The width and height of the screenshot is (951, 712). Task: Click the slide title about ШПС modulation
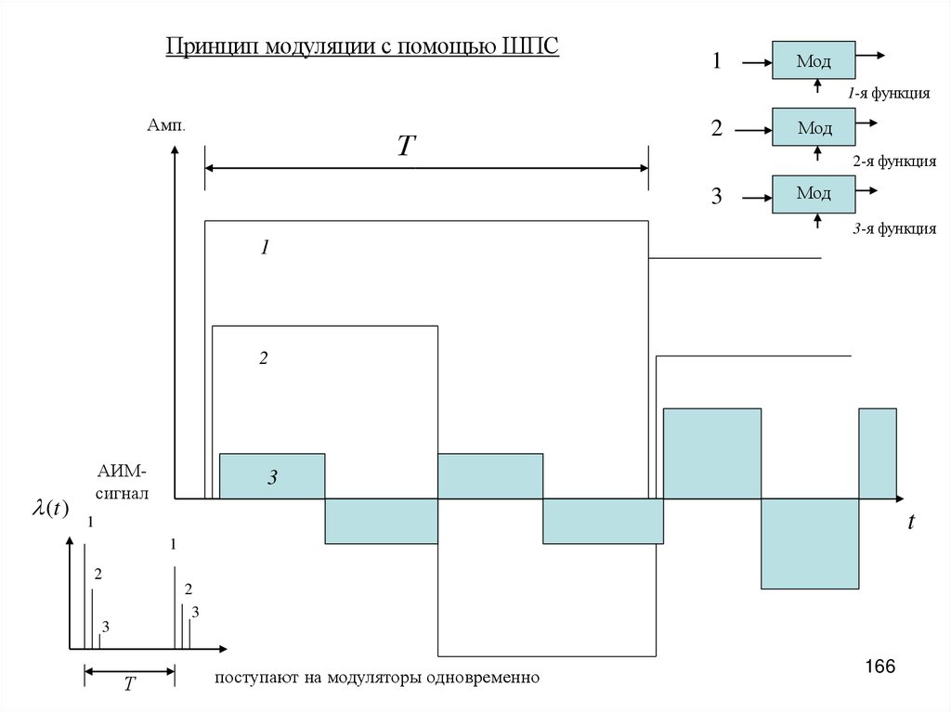[362, 45]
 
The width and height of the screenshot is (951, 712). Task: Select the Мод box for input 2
[813, 127]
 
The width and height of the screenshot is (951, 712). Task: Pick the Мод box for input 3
[813, 193]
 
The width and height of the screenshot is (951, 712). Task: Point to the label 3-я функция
[894, 228]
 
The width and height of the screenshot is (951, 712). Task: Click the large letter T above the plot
[406, 146]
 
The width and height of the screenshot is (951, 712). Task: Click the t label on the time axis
[911, 523]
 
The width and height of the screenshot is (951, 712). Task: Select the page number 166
[879, 667]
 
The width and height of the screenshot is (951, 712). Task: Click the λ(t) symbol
[50, 509]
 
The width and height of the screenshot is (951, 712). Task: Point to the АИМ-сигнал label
[120, 483]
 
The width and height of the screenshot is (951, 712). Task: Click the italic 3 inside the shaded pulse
[272, 478]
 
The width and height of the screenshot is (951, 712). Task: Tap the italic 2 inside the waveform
[263, 358]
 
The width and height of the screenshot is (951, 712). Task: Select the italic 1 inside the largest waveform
[264, 248]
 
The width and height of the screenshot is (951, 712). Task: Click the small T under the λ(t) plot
[130, 684]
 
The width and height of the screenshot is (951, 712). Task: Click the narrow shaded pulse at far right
[878, 452]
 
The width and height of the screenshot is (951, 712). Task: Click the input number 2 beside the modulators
[716, 129]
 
